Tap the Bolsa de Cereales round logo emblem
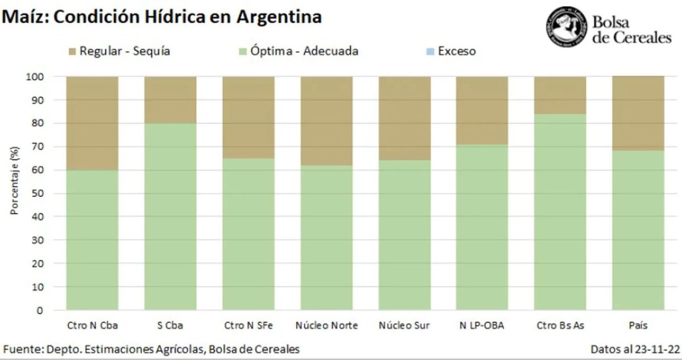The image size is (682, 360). pyautogui.click(x=565, y=27)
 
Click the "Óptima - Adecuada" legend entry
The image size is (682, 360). pyautogui.click(x=298, y=51)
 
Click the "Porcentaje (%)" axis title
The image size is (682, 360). pyautogui.click(x=15, y=180)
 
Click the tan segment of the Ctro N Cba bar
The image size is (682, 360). pyautogui.click(x=92, y=122)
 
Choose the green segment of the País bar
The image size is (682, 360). pyautogui.click(x=638, y=230)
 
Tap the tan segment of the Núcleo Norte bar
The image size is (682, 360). pyautogui.click(x=326, y=120)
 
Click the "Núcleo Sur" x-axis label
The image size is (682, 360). pyautogui.click(x=404, y=326)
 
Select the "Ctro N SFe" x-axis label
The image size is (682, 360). pyautogui.click(x=248, y=326)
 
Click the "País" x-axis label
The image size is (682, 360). pyautogui.click(x=638, y=326)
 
